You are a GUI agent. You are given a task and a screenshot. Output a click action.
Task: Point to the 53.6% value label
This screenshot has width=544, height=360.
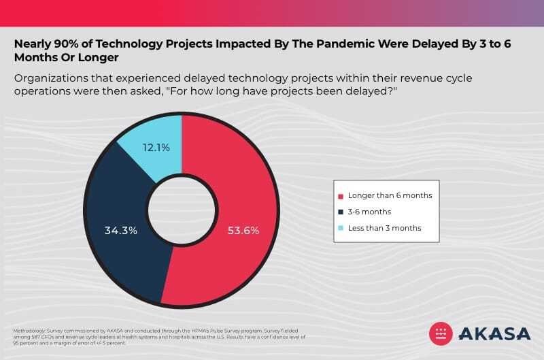(243, 230)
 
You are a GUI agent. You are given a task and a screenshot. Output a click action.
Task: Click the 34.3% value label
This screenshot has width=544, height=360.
(120, 230)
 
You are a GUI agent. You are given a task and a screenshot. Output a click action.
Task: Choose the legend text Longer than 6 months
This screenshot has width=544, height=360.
(390, 195)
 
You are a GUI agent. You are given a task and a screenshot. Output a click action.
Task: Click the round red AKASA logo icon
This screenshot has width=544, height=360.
(441, 333)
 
